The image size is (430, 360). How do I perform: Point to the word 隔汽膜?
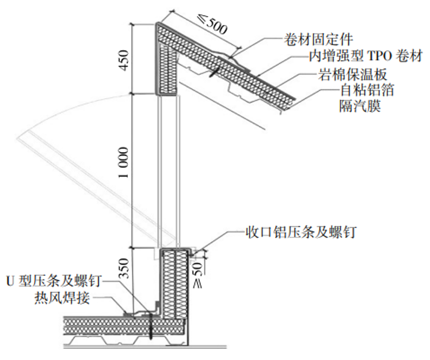357,107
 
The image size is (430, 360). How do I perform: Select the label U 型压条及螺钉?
55,281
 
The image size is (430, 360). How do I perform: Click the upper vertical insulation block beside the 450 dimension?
169,66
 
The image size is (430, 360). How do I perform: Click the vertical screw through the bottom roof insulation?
149,328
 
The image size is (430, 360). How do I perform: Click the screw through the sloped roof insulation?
214,73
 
